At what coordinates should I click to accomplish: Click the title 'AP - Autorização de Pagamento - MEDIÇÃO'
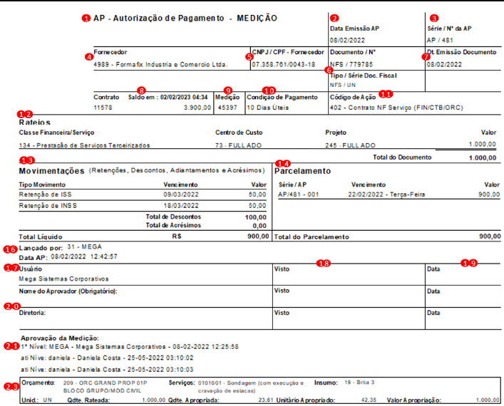click(x=185, y=17)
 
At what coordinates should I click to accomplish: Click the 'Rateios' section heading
click(x=34, y=123)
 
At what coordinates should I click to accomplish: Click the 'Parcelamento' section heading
click(x=303, y=171)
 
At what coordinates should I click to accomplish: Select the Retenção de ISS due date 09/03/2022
click(x=178, y=194)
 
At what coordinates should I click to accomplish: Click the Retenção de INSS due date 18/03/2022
click(x=178, y=205)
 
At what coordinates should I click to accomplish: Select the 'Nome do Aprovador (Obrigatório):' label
click(x=68, y=291)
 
